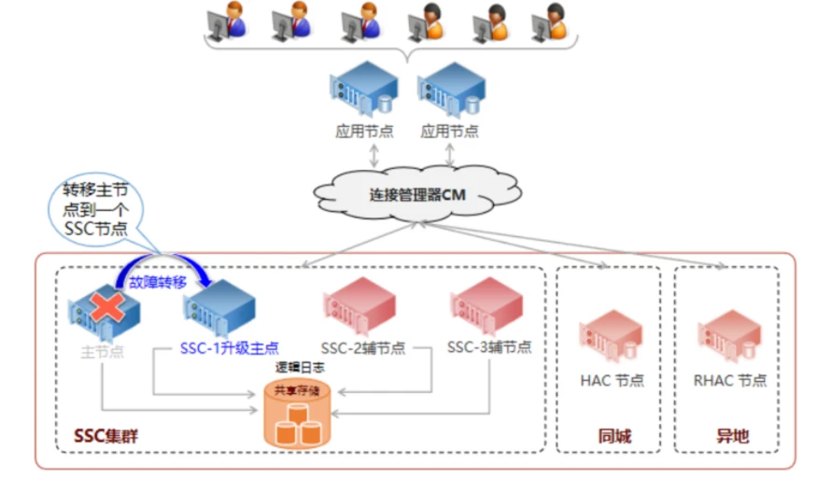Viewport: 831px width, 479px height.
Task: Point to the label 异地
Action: point(732,436)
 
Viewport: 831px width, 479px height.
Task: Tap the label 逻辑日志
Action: point(296,368)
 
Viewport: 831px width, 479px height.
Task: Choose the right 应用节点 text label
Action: point(449,132)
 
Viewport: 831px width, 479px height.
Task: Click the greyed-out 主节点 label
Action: point(103,350)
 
